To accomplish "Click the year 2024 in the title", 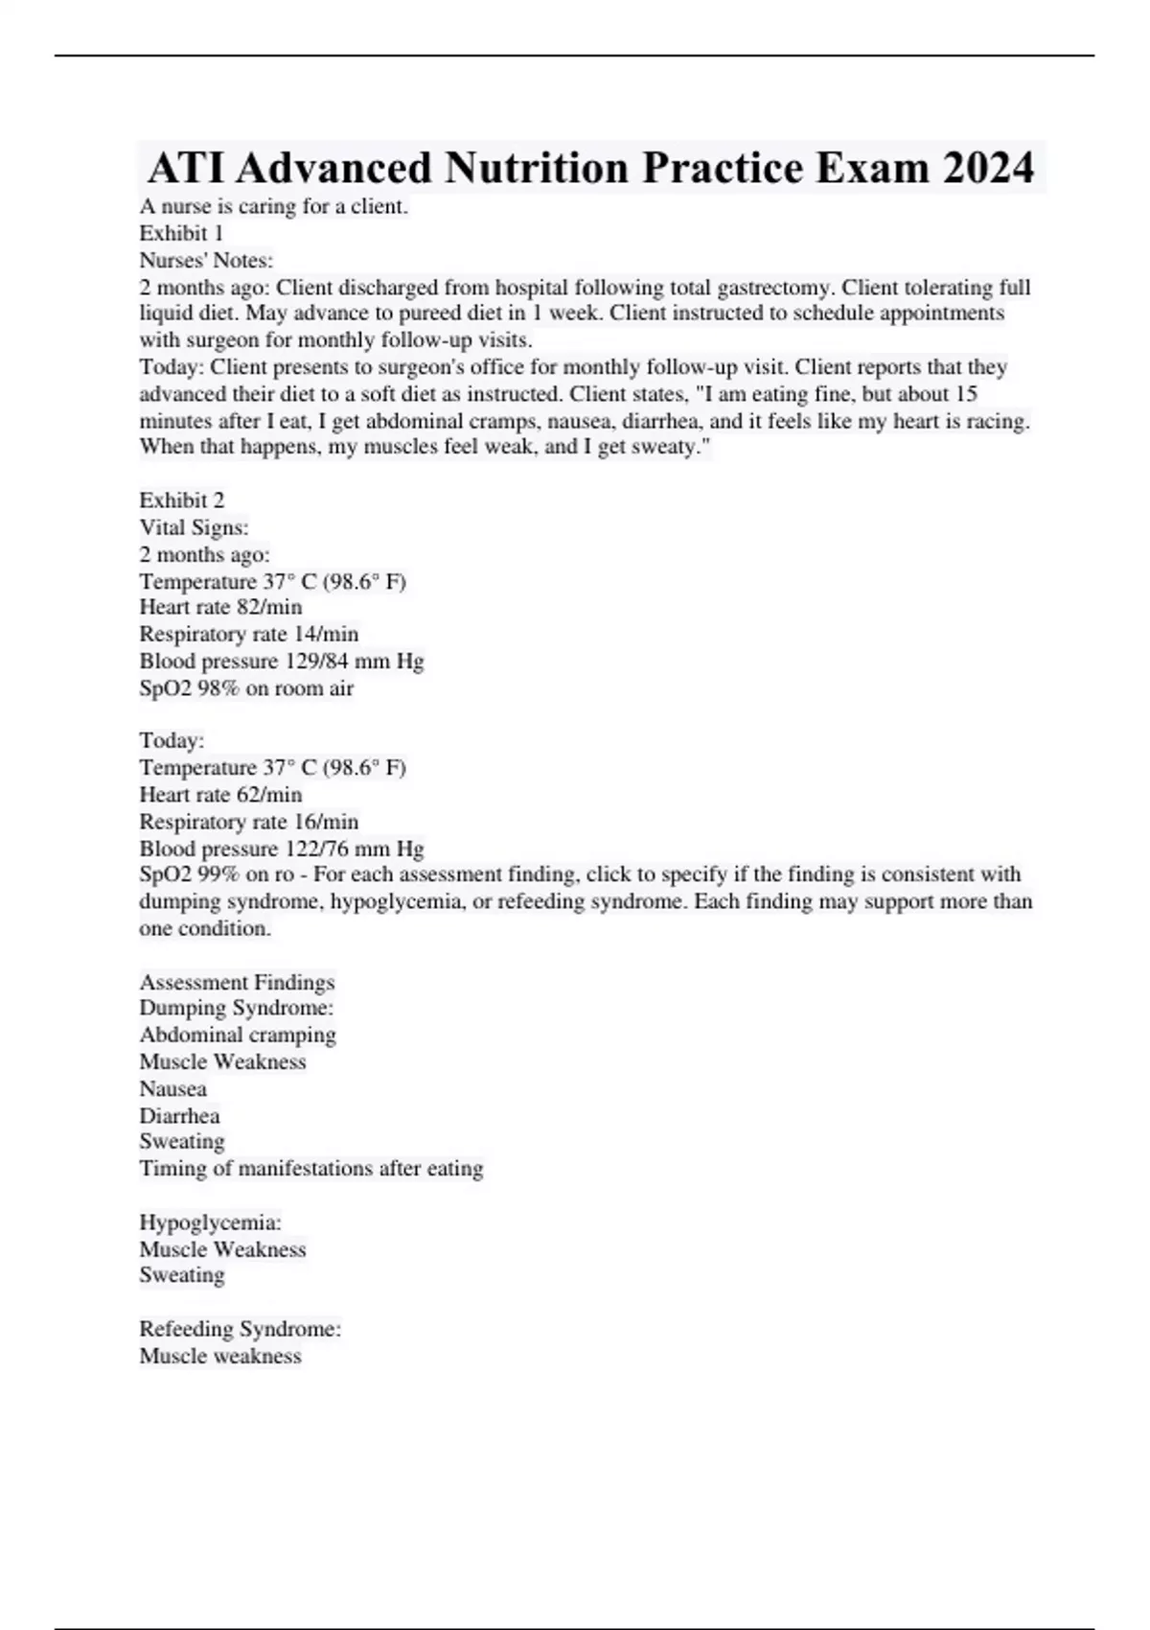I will (x=988, y=168).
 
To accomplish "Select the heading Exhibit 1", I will (x=181, y=233).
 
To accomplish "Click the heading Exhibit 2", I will (x=181, y=500).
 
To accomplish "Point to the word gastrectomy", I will (x=774, y=287).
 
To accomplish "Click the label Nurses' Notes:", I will (x=206, y=260).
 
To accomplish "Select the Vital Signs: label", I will (x=194, y=526).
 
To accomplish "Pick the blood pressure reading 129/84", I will (x=317, y=661).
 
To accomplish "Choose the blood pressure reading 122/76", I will (x=317, y=848).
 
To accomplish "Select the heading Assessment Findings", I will (x=237, y=982).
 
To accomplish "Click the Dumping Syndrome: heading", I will (x=236, y=1008).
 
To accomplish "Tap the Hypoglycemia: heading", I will (x=210, y=1222).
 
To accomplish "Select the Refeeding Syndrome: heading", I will (x=240, y=1329).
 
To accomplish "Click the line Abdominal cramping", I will (x=238, y=1035).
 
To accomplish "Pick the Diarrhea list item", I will (x=179, y=1115).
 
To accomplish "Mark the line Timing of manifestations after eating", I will (x=310, y=1168).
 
